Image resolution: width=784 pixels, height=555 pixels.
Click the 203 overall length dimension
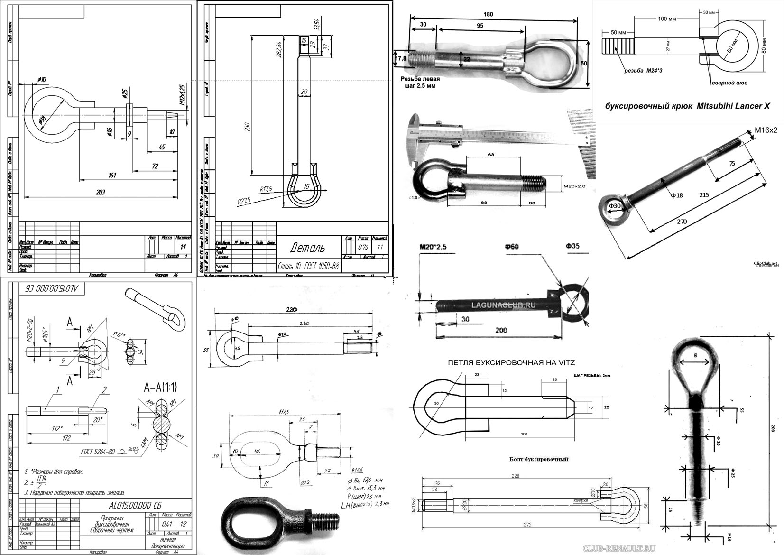click(x=100, y=192)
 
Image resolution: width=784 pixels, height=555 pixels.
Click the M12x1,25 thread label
click(x=182, y=93)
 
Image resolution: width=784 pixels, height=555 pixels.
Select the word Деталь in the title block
click(x=307, y=248)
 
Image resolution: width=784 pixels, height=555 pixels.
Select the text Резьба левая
click(x=420, y=79)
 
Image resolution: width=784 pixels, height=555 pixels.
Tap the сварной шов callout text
click(x=729, y=83)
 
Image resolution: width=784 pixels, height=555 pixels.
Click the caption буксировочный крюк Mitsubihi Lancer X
click(x=687, y=106)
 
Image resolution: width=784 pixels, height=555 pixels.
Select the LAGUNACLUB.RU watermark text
click(x=503, y=305)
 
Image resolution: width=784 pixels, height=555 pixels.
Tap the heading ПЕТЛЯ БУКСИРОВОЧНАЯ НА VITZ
click(x=511, y=363)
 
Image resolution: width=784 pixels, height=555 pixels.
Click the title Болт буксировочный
click(x=539, y=459)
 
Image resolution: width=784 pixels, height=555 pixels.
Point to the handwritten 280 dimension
click(x=291, y=309)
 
